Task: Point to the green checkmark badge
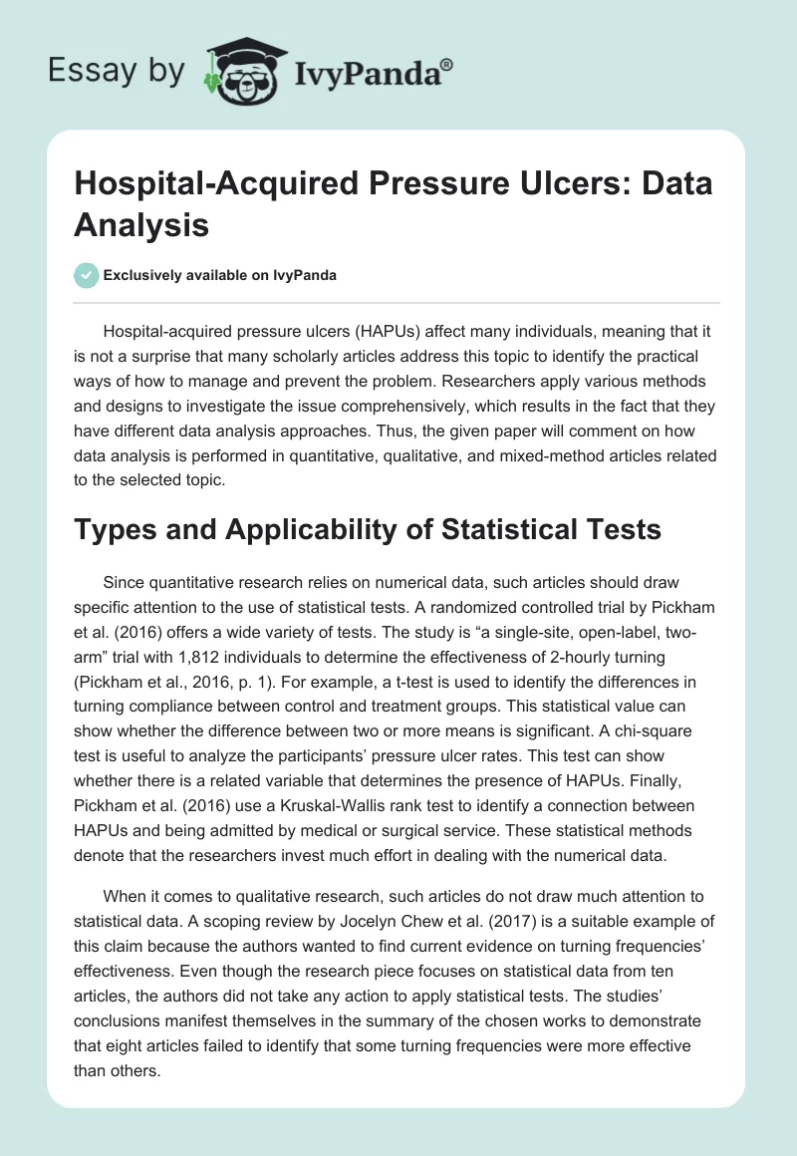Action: (86, 275)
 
